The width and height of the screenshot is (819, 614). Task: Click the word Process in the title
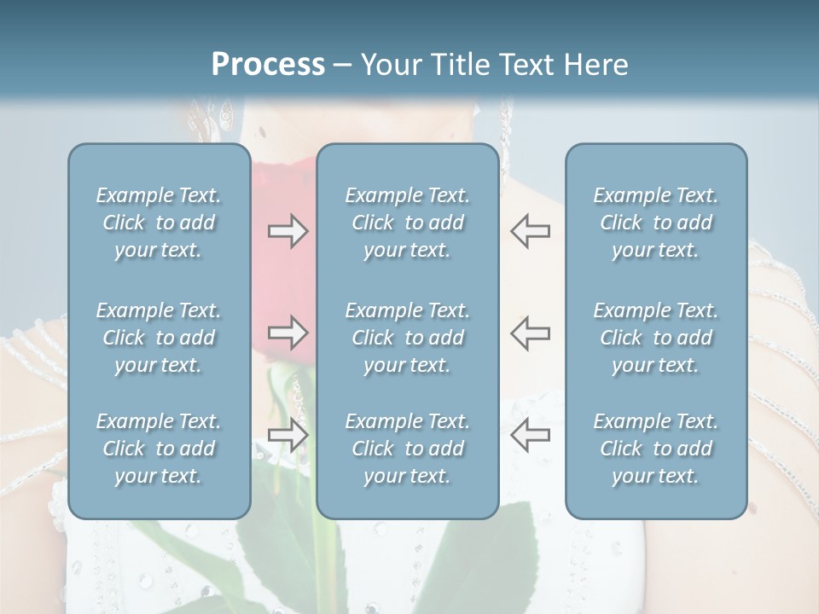click(x=268, y=64)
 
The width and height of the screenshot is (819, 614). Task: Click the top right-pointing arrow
click(x=288, y=231)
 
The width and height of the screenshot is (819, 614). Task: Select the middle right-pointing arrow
click(x=288, y=333)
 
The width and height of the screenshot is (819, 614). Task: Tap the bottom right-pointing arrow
click(x=288, y=435)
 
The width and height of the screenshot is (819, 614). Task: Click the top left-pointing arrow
click(x=531, y=231)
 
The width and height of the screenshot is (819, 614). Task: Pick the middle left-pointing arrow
click(x=531, y=333)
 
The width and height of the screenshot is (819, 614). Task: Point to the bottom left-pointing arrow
click(x=531, y=435)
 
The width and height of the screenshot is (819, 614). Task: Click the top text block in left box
click(x=159, y=223)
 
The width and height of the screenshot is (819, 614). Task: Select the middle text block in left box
click(x=159, y=338)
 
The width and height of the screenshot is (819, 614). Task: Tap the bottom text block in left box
click(x=159, y=449)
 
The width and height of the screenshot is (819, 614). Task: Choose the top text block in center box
click(x=407, y=223)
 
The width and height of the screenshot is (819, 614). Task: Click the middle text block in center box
click(x=407, y=338)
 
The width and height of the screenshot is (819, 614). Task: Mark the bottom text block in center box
click(x=407, y=449)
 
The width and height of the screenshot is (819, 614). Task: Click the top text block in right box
click(x=655, y=223)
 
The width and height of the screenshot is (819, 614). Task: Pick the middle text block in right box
click(x=655, y=338)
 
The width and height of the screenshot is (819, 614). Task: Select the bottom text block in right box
click(x=655, y=449)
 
